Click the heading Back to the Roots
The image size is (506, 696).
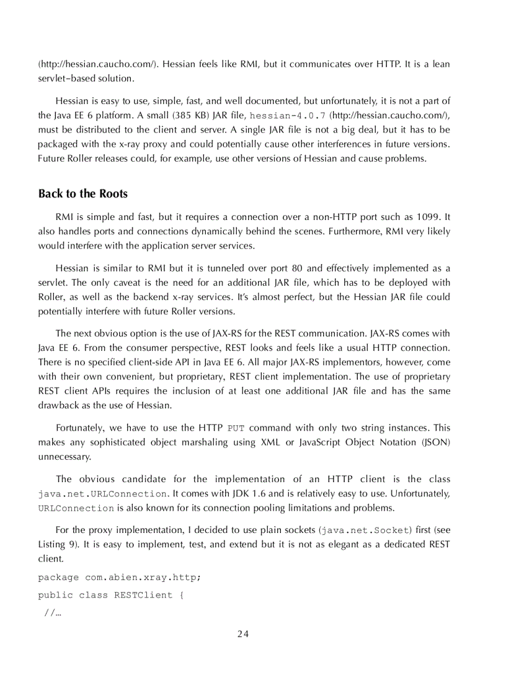(x=83, y=193)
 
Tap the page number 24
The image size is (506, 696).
(x=242, y=633)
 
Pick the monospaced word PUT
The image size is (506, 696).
(x=236, y=428)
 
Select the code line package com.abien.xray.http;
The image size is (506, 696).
(x=120, y=577)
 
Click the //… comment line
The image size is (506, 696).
(x=53, y=613)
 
